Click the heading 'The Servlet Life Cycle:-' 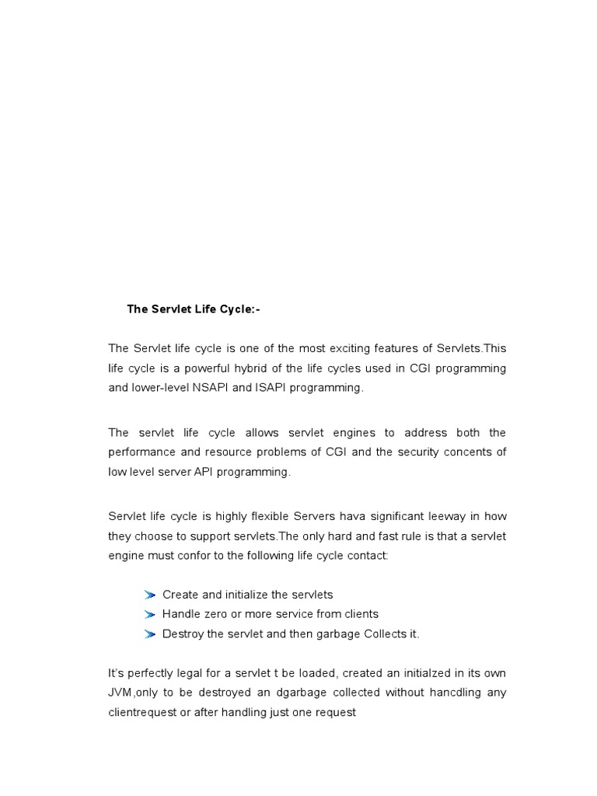click(194, 309)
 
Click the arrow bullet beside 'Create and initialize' click(150, 595)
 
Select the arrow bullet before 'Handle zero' click(150, 614)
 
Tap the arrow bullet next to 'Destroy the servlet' click(150, 634)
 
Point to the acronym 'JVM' click(121, 692)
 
